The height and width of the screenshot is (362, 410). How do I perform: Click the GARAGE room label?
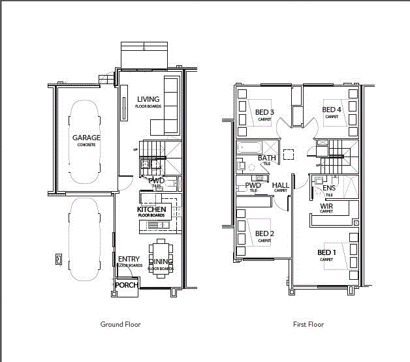[86, 138]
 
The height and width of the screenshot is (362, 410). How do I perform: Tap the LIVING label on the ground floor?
[148, 99]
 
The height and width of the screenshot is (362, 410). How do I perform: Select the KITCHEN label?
[152, 209]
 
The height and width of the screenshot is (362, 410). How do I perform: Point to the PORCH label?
[126, 285]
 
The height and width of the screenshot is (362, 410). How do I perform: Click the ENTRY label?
[129, 259]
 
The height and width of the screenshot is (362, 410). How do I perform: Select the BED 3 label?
[264, 112]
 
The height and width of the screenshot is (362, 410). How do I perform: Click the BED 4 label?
[332, 110]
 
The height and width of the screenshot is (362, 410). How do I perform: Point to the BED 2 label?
[264, 234]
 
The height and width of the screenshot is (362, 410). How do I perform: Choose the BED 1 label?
[326, 252]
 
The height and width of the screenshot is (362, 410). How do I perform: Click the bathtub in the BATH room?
[249, 148]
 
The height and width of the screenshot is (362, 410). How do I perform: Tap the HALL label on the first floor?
[281, 185]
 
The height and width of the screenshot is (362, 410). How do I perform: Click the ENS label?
[329, 189]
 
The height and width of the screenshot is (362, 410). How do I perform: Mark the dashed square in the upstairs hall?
[290, 153]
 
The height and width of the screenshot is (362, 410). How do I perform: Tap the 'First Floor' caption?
[308, 324]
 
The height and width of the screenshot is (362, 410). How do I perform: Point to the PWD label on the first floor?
[253, 185]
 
